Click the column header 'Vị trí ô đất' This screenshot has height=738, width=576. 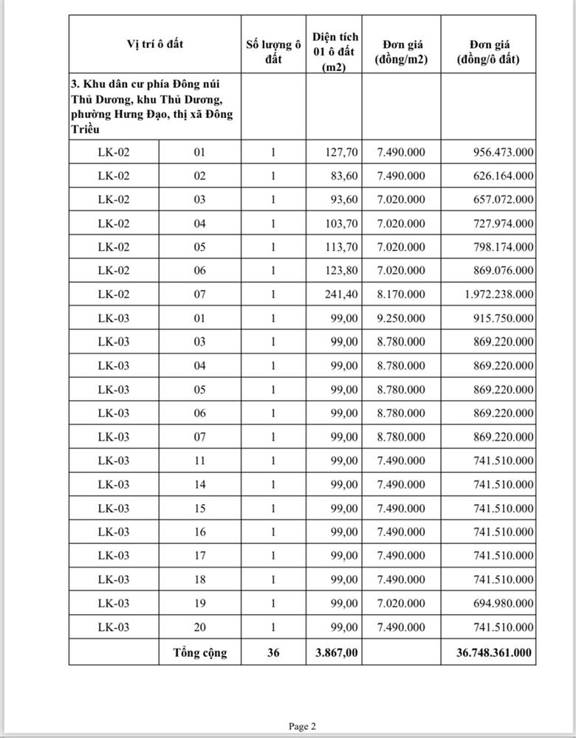coord(155,44)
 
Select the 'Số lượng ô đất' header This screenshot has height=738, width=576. coord(273,52)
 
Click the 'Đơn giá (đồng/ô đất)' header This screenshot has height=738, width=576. coord(488,52)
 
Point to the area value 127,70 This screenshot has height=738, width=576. coord(342,153)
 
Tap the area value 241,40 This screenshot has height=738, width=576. coord(342,294)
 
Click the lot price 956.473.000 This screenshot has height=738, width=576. coord(503,153)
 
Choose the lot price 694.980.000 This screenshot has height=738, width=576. coord(503,604)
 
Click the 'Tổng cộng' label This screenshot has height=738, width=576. coord(200,652)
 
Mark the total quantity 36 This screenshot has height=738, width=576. coord(273,652)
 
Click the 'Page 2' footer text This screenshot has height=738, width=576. coord(302,726)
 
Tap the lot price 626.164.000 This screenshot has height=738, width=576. coord(503,176)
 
